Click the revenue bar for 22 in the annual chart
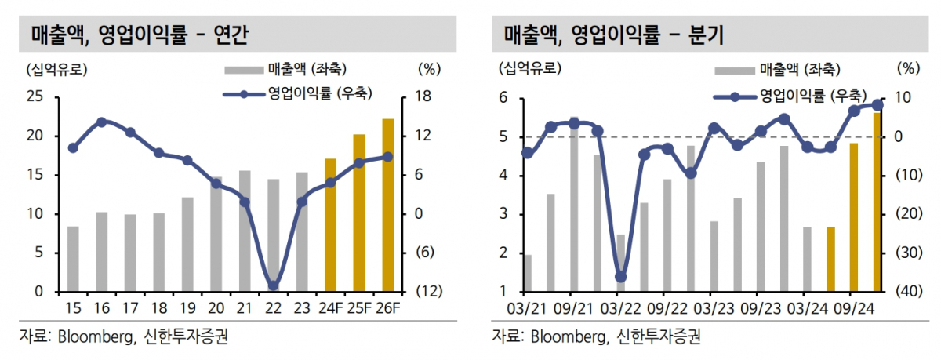point(273,235)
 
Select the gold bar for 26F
point(387,205)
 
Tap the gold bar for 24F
point(330,225)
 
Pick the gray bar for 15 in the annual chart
point(73,259)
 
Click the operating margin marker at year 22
point(273,285)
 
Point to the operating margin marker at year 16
point(102,122)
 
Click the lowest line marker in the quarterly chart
point(621,277)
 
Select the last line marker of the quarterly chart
point(877,105)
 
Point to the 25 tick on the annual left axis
point(36,98)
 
